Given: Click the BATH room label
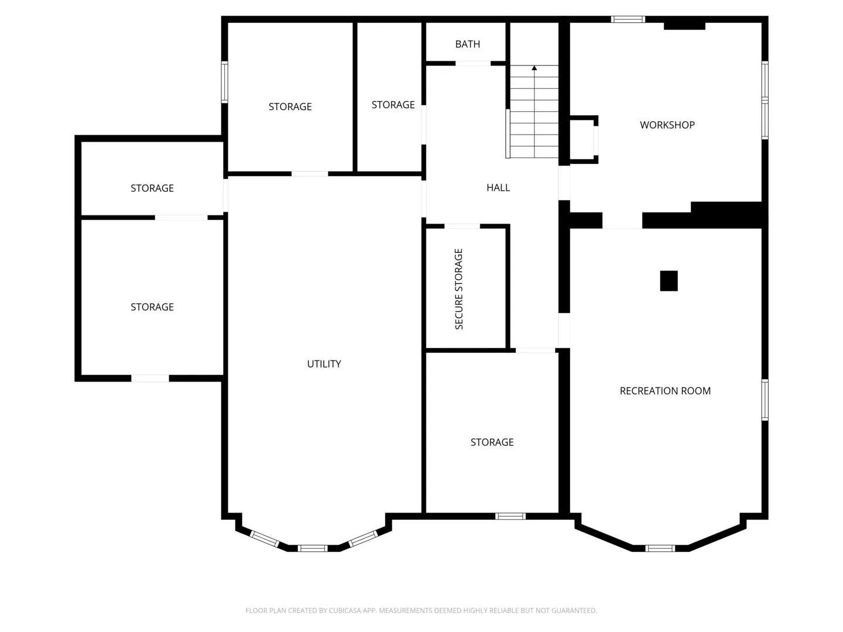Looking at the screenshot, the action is click(x=467, y=44).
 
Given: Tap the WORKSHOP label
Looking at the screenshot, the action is click(x=667, y=125).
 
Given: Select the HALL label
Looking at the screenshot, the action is click(x=498, y=188).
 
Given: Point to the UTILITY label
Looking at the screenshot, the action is click(x=324, y=364).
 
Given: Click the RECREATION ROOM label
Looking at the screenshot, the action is click(x=665, y=391).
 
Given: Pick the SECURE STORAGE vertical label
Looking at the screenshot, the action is click(x=458, y=288).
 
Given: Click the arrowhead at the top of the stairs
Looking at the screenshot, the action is click(x=534, y=68).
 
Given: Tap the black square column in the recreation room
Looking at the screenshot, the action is click(x=669, y=281).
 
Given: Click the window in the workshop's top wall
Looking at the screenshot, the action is click(x=628, y=19).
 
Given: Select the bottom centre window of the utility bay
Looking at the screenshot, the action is click(x=312, y=548).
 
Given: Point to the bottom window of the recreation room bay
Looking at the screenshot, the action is click(x=660, y=548).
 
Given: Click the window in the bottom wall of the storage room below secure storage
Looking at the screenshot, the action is click(x=510, y=516).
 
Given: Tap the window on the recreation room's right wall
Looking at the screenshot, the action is click(x=765, y=400).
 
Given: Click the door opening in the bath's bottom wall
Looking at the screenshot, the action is click(x=473, y=63).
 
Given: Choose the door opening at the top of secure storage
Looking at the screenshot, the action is click(x=462, y=226).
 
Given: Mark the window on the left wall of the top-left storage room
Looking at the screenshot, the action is click(x=224, y=82).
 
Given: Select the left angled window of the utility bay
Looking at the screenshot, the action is click(x=264, y=538).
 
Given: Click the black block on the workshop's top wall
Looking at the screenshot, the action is click(x=684, y=26).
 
